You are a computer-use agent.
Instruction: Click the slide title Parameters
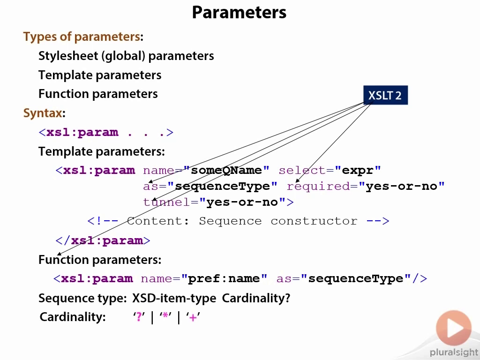tap(239, 13)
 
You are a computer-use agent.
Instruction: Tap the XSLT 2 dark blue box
tap(385, 95)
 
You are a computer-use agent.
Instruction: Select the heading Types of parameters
tap(82, 37)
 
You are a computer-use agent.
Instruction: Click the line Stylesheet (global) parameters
tap(126, 56)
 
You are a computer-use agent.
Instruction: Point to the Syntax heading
tap(43, 113)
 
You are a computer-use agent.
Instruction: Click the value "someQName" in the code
tap(226, 170)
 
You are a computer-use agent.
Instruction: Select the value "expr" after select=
tap(358, 170)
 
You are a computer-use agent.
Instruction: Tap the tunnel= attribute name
tap(171, 202)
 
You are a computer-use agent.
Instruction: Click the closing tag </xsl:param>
tap(103, 240)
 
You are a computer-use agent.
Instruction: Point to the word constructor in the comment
tap(314, 221)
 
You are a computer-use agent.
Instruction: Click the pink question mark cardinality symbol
tap(139, 316)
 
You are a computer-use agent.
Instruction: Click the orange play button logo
tap(454, 328)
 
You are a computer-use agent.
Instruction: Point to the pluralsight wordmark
tap(454, 353)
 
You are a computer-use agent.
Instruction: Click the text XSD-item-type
tap(174, 298)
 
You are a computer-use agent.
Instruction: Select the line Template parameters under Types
tap(100, 75)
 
